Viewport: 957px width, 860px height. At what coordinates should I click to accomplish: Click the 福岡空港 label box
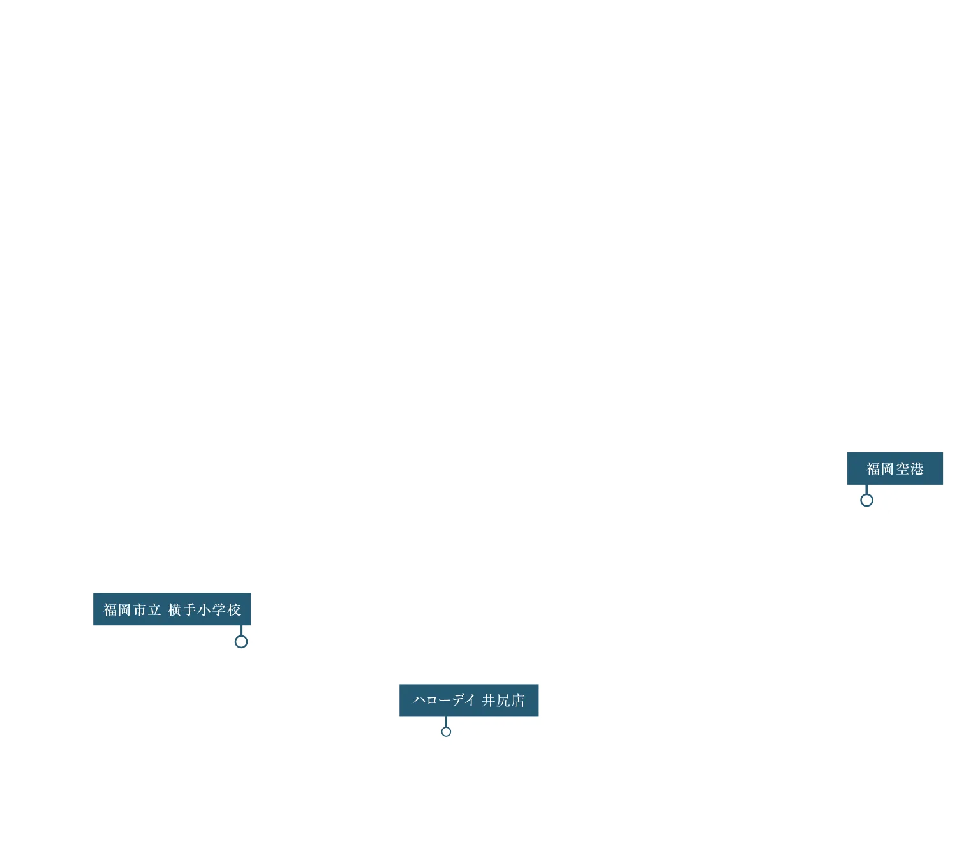tap(894, 468)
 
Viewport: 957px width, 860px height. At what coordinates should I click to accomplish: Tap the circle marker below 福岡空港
tap(866, 500)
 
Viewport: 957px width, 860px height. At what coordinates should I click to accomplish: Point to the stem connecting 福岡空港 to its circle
tap(866, 489)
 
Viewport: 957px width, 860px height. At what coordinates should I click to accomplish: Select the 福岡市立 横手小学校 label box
tap(172, 609)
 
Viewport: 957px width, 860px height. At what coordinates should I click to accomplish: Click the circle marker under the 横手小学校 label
tap(241, 641)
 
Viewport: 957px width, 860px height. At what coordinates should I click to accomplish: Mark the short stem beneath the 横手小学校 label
tap(241, 630)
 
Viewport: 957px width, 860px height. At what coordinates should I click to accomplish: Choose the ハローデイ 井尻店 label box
tap(469, 700)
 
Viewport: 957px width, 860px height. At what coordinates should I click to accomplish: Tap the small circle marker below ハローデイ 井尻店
tap(446, 732)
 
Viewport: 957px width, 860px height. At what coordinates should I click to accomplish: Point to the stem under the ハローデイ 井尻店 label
tap(446, 722)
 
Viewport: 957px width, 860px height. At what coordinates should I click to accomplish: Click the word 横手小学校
tap(204, 609)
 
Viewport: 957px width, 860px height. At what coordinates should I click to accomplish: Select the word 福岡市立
tap(132, 609)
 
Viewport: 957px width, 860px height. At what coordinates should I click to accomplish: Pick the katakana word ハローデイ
tap(444, 700)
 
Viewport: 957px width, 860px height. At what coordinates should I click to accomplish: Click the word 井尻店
tap(503, 700)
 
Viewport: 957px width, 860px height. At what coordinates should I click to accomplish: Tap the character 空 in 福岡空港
tap(903, 469)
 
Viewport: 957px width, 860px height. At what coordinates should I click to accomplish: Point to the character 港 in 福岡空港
tap(917, 469)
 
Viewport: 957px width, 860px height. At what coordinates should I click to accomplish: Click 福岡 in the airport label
tap(880, 469)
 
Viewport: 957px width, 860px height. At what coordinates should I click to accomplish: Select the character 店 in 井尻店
tap(518, 700)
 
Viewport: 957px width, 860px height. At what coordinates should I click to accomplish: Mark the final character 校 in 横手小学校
tap(234, 609)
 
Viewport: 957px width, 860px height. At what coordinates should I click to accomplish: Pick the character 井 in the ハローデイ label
tap(489, 700)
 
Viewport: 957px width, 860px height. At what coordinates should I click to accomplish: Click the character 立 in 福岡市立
tap(154, 609)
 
